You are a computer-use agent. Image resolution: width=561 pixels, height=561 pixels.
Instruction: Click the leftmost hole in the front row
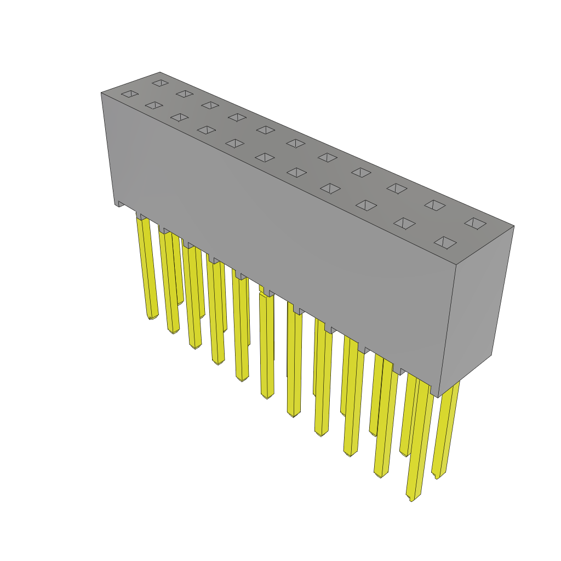130,94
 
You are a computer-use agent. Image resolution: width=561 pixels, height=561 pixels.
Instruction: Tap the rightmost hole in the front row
445,242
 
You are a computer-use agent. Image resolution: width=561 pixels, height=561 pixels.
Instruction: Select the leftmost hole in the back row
161,83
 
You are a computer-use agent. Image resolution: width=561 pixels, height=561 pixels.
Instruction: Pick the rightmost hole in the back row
475,223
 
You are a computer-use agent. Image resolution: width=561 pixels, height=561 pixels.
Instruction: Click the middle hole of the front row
265,157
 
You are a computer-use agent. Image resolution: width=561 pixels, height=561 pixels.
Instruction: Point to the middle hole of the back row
296,143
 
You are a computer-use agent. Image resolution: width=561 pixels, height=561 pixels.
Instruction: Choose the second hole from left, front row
154,105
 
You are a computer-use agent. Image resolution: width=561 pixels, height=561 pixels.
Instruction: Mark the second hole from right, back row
435,205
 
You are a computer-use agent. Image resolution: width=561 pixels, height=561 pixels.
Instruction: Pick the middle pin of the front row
266,345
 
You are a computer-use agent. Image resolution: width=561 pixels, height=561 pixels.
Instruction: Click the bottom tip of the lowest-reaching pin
411,499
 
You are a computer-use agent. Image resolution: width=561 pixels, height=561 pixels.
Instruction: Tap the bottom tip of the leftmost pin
152,317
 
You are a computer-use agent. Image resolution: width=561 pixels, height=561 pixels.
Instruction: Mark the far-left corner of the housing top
102,93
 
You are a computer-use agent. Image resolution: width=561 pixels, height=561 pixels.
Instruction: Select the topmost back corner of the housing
160,73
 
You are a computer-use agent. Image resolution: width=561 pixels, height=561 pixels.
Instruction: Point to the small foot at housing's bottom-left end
119,204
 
